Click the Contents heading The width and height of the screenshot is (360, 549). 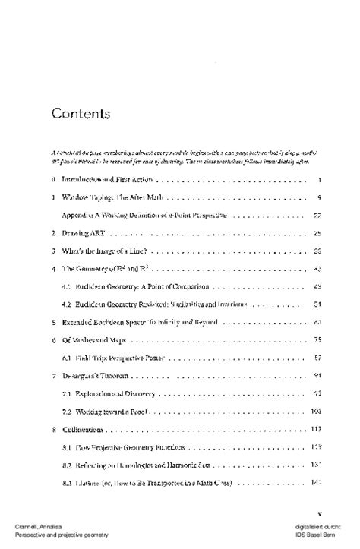point(81,114)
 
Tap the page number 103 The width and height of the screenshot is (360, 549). point(318,411)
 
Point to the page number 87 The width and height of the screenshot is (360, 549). point(319,358)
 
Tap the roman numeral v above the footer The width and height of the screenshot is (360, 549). point(321,513)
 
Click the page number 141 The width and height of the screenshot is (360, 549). point(318,482)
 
